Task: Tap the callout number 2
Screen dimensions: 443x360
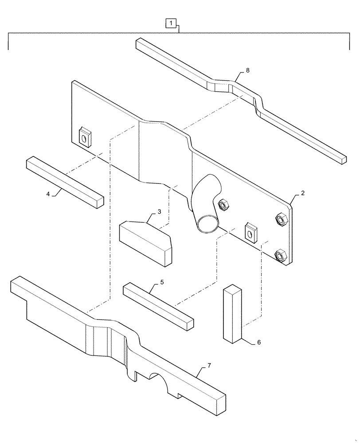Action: (302, 193)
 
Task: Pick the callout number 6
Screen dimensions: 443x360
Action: (258, 342)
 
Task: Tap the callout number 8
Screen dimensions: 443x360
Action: (247, 70)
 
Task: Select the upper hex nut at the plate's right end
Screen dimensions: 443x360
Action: (281, 218)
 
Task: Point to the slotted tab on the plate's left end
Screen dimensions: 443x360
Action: (84, 137)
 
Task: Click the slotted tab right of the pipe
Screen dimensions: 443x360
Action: (251, 231)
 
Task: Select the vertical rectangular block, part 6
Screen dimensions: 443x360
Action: (233, 314)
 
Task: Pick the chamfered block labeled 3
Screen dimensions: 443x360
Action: (145, 241)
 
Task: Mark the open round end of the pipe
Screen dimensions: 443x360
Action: (207, 224)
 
